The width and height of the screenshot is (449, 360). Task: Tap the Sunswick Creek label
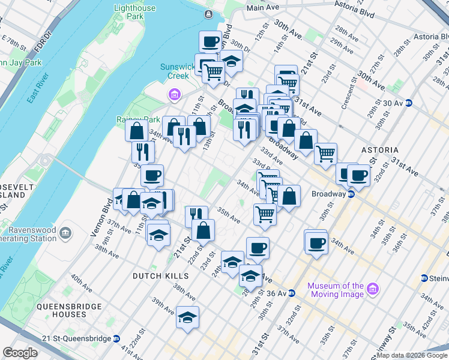coord(174,71)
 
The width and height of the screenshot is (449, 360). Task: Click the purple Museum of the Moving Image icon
coord(372,289)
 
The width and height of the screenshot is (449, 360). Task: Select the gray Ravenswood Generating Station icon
coord(67,232)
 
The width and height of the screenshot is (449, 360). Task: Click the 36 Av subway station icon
coord(291,293)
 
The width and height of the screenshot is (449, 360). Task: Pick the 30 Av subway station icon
coord(408,103)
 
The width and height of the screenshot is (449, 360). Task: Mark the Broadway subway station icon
coord(351,194)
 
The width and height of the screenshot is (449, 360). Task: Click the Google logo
coord(20,353)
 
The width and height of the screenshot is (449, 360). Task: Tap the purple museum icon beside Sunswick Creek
coord(174,94)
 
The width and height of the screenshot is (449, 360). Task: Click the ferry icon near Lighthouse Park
coord(208,14)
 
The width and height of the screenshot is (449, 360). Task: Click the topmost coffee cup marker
coord(211,42)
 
